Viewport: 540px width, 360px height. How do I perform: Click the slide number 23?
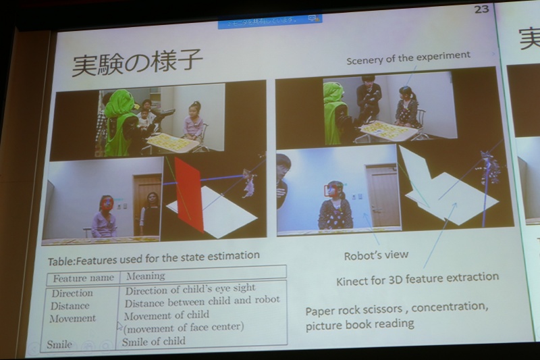tap(481, 9)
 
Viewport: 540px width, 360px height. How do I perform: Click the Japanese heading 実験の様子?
tap(138, 62)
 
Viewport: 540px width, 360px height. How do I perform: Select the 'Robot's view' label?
tap(376, 255)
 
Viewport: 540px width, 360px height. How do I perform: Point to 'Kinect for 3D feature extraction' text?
tap(417, 278)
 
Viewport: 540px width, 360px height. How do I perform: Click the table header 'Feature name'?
tap(83, 277)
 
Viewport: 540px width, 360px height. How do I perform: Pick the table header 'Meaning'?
tap(145, 276)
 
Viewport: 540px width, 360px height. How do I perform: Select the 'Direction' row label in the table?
tap(72, 293)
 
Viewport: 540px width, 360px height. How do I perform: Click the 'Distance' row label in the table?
tap(70, 305)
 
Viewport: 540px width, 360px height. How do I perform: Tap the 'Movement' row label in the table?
tap(72, 317)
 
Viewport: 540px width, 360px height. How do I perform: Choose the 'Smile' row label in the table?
tap(59, 344)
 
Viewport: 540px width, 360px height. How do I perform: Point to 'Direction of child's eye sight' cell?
tap(190, 288)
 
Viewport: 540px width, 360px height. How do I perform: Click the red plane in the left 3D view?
tap(189, 193)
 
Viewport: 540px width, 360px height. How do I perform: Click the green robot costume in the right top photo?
tap(333, 111)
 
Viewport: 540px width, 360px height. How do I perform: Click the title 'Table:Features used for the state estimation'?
tap(153, 256)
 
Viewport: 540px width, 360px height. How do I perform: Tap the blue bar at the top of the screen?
tap(269, 20)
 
